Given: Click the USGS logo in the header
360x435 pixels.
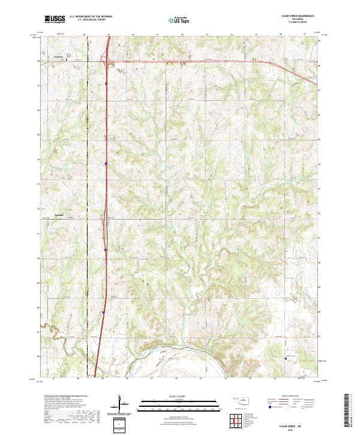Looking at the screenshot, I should pyautogui.click(x=55, y=19).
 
